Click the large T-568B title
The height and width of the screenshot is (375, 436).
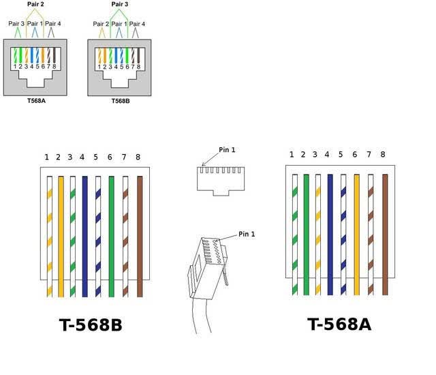[x=91, y=325]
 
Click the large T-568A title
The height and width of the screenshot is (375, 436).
[x=339, y=324]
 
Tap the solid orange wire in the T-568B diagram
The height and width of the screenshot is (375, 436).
[x=61, y=237]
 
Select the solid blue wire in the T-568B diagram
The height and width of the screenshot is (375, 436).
[x=84, y=237]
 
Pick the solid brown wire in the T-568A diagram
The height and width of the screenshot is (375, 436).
[x=385, y=235]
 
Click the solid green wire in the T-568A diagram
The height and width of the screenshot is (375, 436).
[x=307, y=235]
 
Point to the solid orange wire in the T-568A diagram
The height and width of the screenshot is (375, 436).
[x=357, y=235]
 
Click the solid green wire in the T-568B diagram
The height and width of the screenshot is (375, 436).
[x=111, y=237]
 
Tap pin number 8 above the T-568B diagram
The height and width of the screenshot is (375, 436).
[x=138, y=157]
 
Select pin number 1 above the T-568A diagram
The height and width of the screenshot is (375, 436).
[x=292, y=154]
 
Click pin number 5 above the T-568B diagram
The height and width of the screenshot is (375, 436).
[x=95, y=157]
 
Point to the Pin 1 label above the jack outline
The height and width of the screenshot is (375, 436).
[x=227, y=150]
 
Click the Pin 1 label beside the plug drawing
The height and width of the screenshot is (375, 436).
[x=247, y=234]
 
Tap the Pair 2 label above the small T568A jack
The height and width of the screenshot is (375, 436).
[x=35, y=4]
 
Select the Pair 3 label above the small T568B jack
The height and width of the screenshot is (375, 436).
[x=120, y=4]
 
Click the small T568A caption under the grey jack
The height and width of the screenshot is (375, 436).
[x=36, y=101]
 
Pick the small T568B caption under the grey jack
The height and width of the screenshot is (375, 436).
[x=121, y=101]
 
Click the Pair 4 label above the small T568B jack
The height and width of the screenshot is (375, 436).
[x=137, y=24]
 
